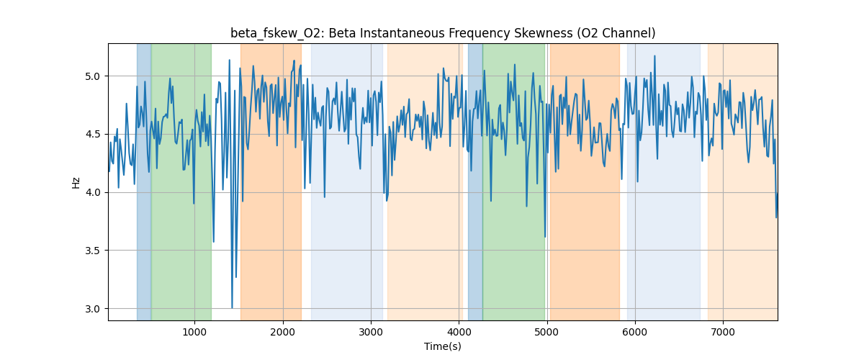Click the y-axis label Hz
pyautogui.click(x=76, y=182)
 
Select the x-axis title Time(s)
pyautogui.click(x=443, y=346)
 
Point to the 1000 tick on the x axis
pyautogui.click(x=194, y=332)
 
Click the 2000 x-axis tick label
pyautogui.click(x=282, y=332)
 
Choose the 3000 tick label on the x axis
pyautogui.click(x=371, y=332)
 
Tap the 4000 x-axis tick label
pyautogui.click(x=459, y=332)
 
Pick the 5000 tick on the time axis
pyautogui.click(x=547, y=332)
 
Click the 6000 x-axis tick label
pyautogui.click(x=635, y=332)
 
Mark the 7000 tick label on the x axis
pyautogui.click(x=723, y=332)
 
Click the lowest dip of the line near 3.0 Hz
pyautogui.click(x=232, y=307)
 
